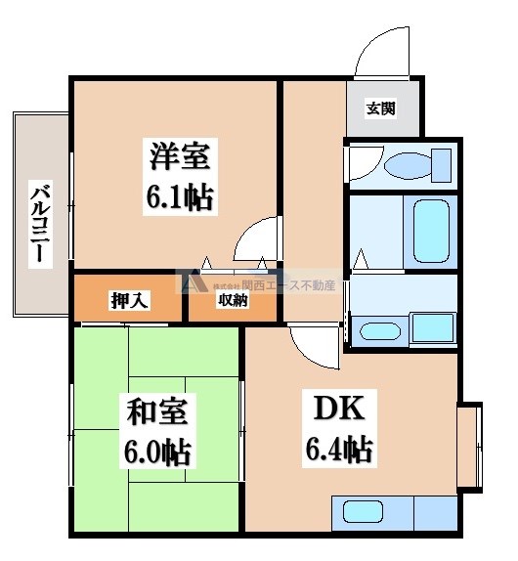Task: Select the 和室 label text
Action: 155,410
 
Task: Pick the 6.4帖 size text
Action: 337,451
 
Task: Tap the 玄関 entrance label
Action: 381,108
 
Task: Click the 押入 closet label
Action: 128,300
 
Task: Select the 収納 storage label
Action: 233,300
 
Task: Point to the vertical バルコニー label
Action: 39,222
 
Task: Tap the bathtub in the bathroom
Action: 427,233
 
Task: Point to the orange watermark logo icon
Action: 187,281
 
